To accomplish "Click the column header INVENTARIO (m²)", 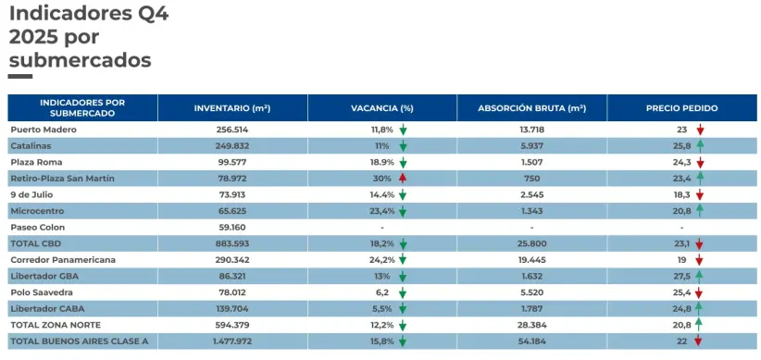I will click(x=231, y=108).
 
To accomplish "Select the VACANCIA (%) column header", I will click(x=381, y=108).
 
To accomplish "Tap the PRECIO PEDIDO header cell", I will click(x=681, y=108).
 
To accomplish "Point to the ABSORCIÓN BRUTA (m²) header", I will click(x=531, y=108).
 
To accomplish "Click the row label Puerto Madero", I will click(x=44, y=130).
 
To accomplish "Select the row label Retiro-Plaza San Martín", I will click(x=62, y=179).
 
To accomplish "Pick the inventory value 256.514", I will click(x=231, y=130).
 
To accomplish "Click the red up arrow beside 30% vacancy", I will click(x=403, y=179).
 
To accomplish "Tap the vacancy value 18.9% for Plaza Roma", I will click(x=382, y=162).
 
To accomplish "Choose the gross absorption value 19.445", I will click(x=531, y=260).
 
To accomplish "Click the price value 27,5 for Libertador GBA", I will click(x=683, y=277).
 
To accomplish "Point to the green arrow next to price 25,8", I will click(x=701, y=145).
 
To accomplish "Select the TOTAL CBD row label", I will click(x=37, y=243).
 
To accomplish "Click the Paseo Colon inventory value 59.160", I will click(x=231, y=227).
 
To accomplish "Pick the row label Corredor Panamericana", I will click(x=63, y=260).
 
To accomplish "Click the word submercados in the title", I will click(x=80, y=60).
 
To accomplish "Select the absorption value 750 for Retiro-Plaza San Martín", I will click(x=531, y=179).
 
